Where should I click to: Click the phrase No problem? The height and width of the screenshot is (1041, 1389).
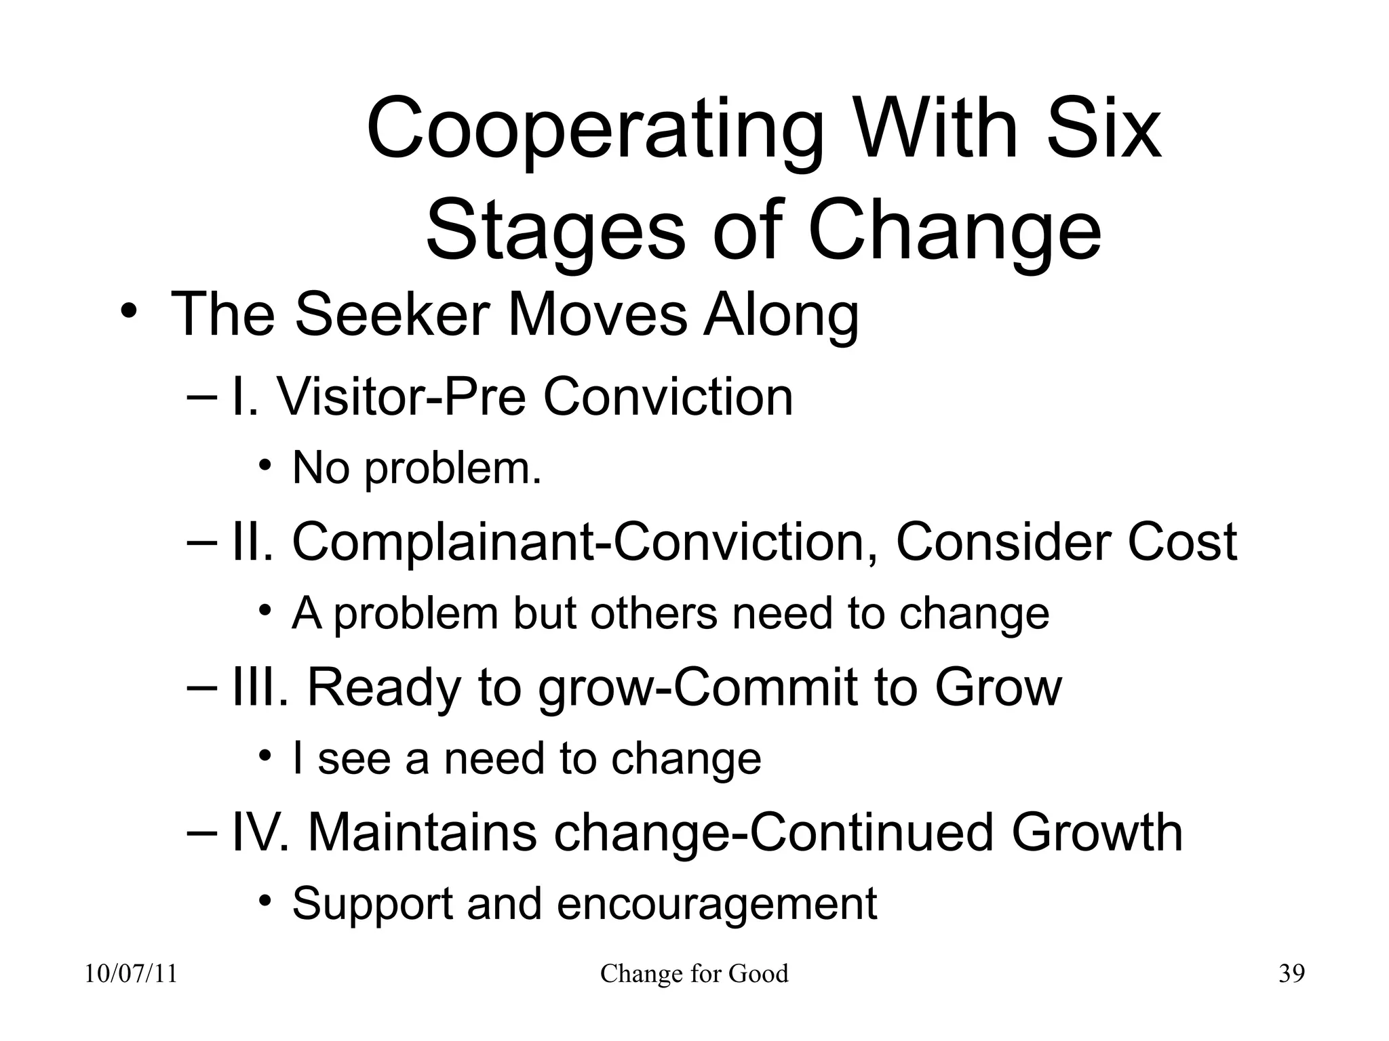416,468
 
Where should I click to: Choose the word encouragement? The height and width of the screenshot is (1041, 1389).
717,904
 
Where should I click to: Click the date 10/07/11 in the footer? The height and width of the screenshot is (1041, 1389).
131,974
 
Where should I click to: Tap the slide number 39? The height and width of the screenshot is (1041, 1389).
1291,974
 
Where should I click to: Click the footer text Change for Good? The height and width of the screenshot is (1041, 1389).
694,974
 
